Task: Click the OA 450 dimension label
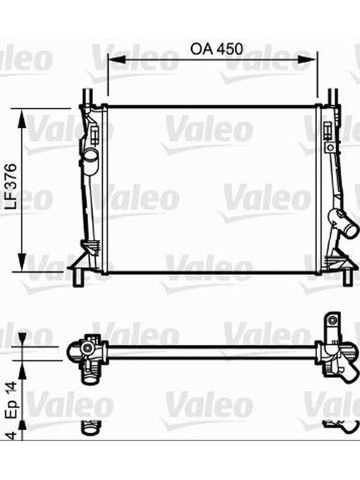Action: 217,49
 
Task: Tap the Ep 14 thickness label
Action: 12,400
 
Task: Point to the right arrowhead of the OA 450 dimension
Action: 307,59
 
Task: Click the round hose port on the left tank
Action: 91,158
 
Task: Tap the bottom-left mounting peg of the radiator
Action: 79,278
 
